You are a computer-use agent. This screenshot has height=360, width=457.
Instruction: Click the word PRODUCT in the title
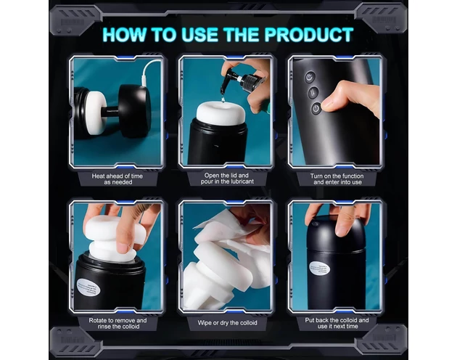coord(309,35)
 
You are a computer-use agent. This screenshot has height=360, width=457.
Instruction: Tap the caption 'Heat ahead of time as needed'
coord(118,179)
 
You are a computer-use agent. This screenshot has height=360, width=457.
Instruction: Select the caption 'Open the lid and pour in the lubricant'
coord(227,179)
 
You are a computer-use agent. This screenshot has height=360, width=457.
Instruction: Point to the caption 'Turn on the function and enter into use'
coord(337,179)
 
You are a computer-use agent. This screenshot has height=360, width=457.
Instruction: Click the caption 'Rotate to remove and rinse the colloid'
coord(118,323)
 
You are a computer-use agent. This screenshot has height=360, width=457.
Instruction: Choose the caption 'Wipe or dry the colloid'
coord(227,323)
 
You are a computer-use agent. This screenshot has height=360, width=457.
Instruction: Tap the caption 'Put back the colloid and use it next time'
coord(337,323)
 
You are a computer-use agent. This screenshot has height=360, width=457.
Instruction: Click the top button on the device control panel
coord(310,78)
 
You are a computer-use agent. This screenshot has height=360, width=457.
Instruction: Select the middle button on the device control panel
coord(313,93)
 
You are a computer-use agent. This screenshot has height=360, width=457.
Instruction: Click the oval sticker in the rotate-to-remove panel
coord(88,287)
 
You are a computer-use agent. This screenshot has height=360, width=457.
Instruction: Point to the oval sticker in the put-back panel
coord(319,268)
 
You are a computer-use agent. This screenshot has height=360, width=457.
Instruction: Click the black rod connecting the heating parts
coord(111,110)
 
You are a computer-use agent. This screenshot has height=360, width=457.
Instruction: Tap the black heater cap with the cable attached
coord(135,111)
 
